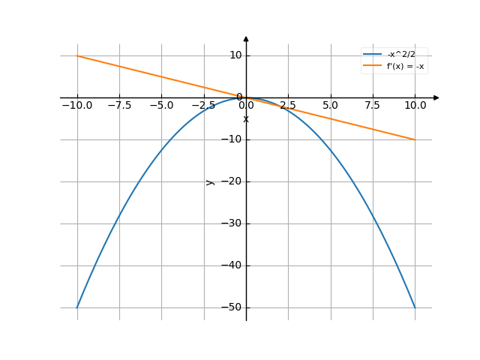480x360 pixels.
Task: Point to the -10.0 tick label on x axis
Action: (77, 106)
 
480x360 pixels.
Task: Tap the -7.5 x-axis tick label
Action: (119, 106)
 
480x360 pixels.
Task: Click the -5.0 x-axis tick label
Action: (161, 106)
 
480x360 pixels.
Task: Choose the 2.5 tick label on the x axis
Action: (288, 106)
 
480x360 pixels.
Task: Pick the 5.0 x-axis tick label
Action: (330, 106)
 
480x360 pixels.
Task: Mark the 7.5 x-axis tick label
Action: (372, 106)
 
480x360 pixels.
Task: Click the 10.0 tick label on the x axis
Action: (414, 106)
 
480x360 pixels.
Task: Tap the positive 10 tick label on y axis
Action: (235, 55)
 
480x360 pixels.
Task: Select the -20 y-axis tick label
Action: (232, 181)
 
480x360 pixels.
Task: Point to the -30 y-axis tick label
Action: (232, 223)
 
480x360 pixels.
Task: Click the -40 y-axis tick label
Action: (232, 265)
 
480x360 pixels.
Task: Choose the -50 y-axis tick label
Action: (232, 307)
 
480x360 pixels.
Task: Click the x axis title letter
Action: (246, 119)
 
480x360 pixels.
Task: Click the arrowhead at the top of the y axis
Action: (246, 38)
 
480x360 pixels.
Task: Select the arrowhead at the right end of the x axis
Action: (436, 97)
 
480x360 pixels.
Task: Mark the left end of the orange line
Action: (77, 55)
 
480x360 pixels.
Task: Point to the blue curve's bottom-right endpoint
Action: (414, 307)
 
